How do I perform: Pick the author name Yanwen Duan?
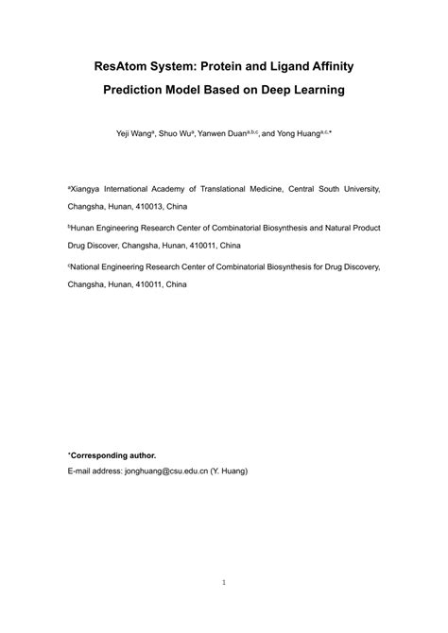(x=220, y=135)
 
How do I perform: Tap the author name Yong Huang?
(x=295, y=135)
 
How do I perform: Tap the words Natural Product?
(x=349, y=228)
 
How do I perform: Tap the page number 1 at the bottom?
(x=224, y=582)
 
